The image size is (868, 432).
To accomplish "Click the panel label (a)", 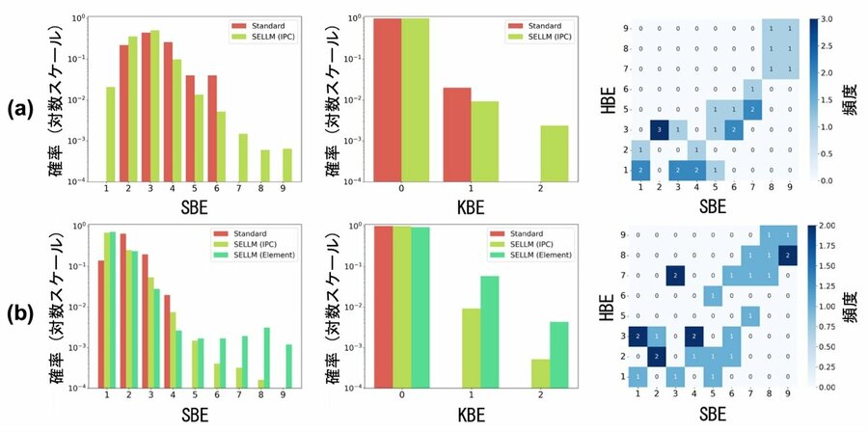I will point(21,109).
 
